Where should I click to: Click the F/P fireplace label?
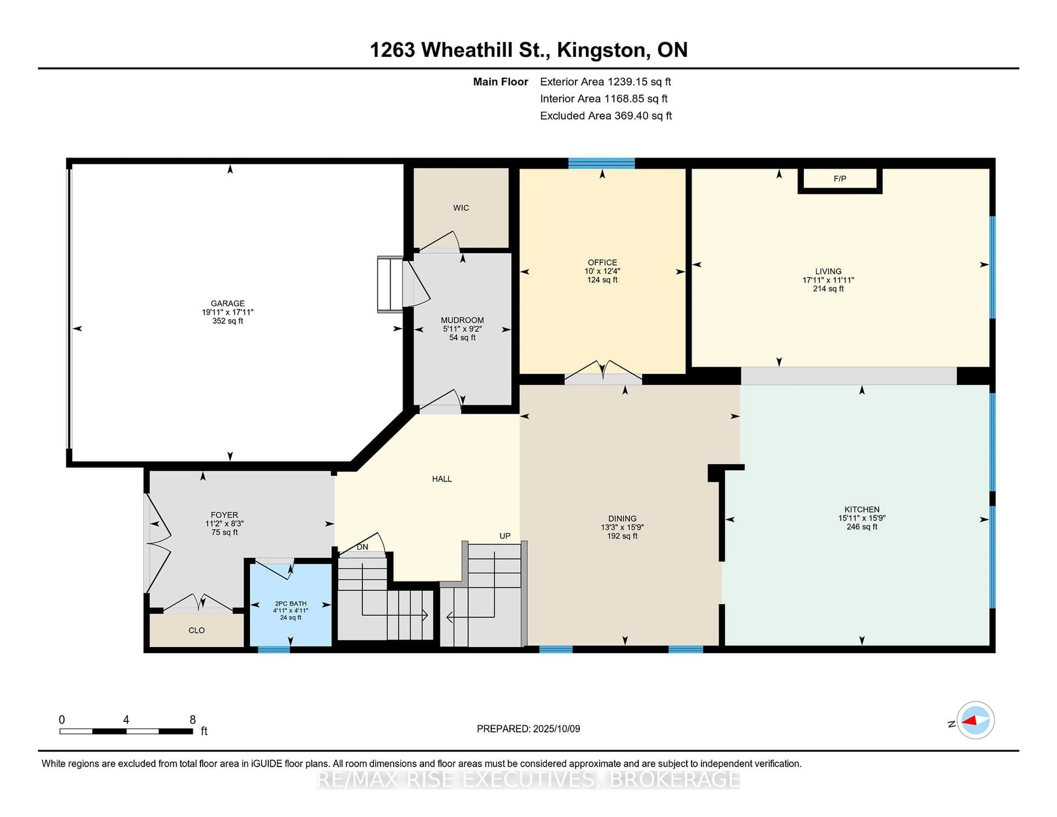click(x=840, y=179)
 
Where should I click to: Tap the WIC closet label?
click(x=461, y=208)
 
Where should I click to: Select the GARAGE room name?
click(x=227, y=303)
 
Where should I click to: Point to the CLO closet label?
click(x=197, y=630)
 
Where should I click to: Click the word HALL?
click(x=442, y=479)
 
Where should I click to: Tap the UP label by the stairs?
click(x=505, y=536)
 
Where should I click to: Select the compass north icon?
click(x=975, y=720)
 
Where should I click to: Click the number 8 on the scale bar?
click(x=193, y=720)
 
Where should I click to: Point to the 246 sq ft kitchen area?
click(x=862, y=527)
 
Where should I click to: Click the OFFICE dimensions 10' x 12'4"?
click(x=602, y=271)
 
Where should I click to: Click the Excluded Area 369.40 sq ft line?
click(x=606, y=116)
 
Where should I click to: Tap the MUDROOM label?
click(x=462, y=320)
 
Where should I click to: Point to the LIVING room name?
click(x=828, y=271)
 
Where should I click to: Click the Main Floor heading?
click(x=500, y=82)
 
